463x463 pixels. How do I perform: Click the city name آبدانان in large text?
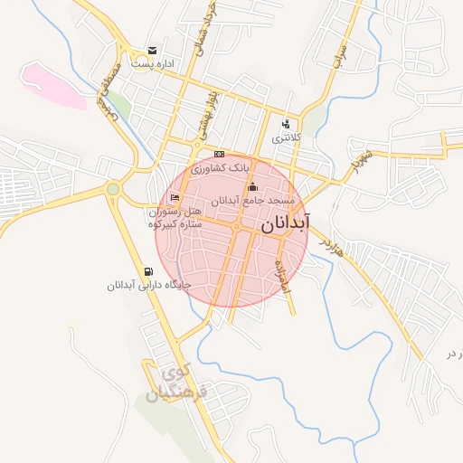pos(286,224)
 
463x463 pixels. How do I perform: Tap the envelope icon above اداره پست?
pos(153,50)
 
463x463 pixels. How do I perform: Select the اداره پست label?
pos(152,63)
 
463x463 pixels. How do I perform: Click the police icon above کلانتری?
pos(287,124)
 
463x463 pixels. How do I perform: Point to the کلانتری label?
pos(286,137)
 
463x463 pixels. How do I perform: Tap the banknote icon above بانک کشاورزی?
pos(219,155)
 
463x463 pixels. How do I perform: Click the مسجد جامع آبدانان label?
pos(239,201)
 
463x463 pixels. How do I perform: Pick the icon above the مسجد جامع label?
pos(251,187)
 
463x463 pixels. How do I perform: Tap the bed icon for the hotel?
pos(175,198)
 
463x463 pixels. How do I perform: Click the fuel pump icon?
pos(148,271)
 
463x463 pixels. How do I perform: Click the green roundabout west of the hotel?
pos(113,189)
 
